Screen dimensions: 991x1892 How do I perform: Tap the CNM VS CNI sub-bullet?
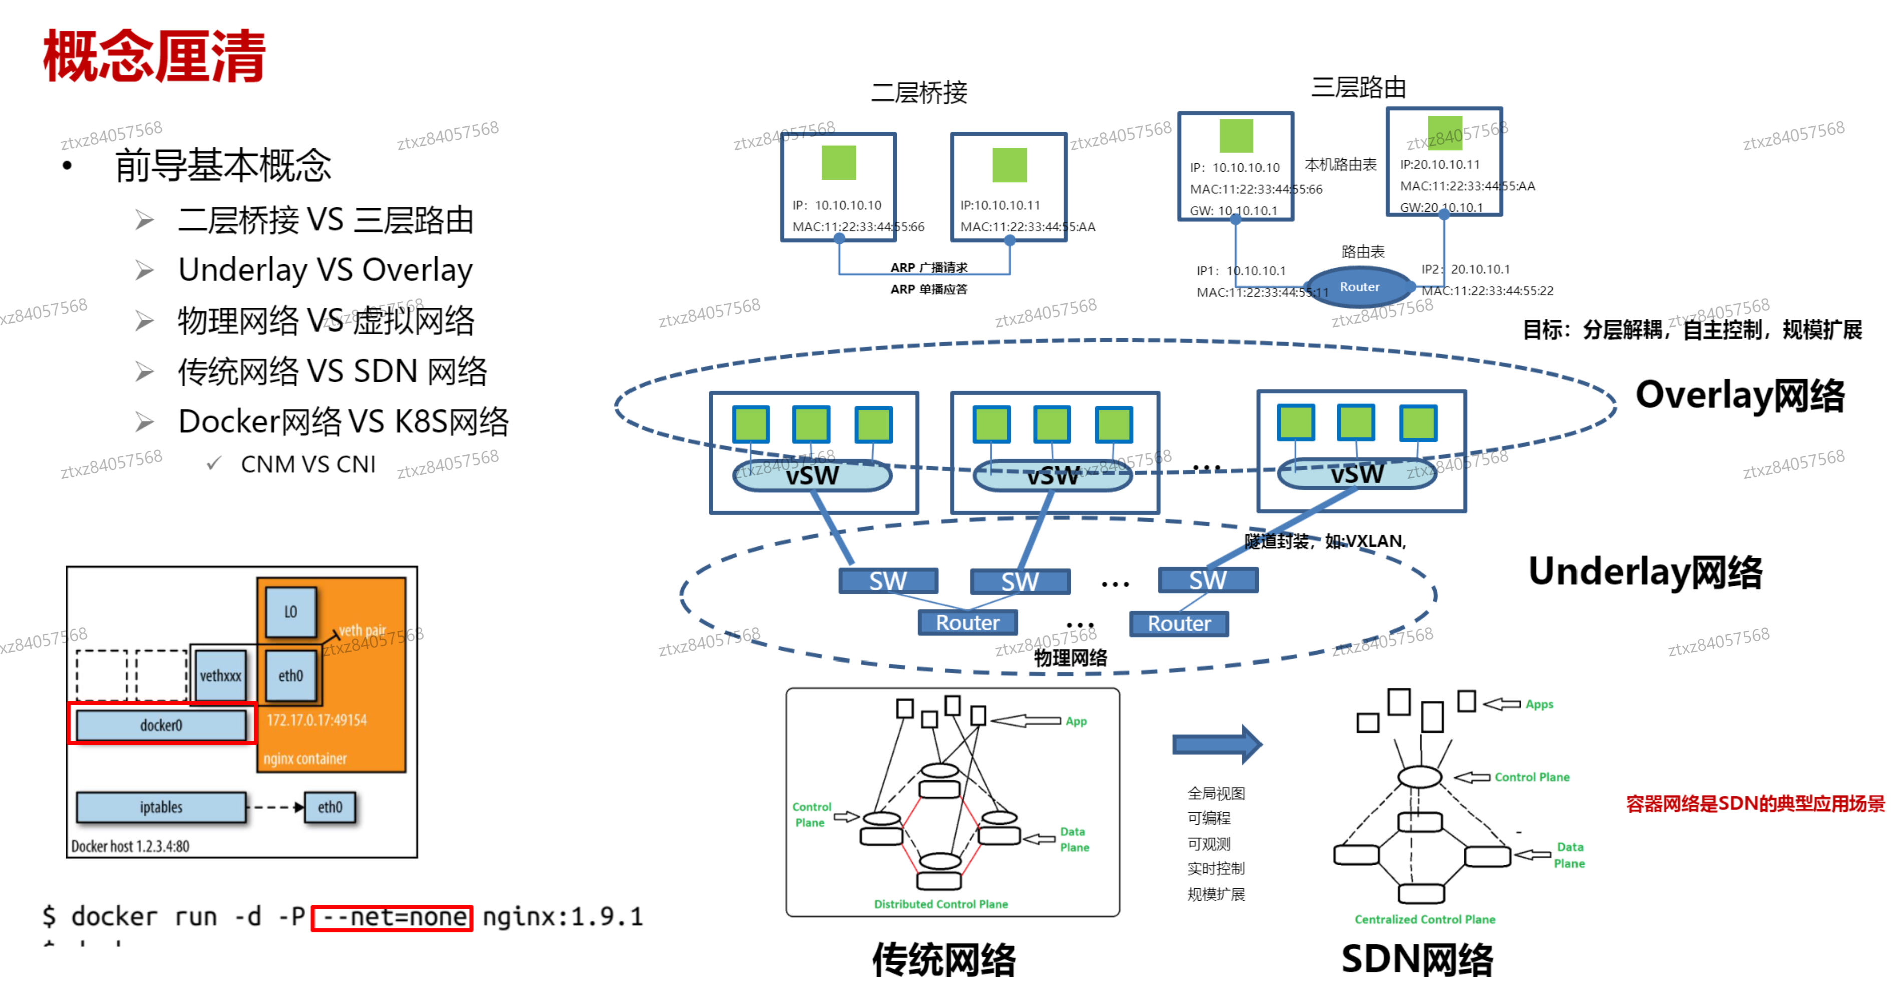[x=308, y=464]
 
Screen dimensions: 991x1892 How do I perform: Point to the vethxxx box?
[x=220, y=675]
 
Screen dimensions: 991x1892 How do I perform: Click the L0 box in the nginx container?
[x=291, y=612]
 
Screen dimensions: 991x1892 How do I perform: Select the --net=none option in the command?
[x=392, y=917]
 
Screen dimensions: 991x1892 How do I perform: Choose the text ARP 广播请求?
[x=928, y=267]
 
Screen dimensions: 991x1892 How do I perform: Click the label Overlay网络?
[x=1739, y=395]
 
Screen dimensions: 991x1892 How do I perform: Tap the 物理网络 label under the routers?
[x=1070, y=657]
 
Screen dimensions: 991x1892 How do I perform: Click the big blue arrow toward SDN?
[x=1216, y=744]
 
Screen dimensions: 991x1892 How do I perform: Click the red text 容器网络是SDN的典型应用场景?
[x=1755, y=804]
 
